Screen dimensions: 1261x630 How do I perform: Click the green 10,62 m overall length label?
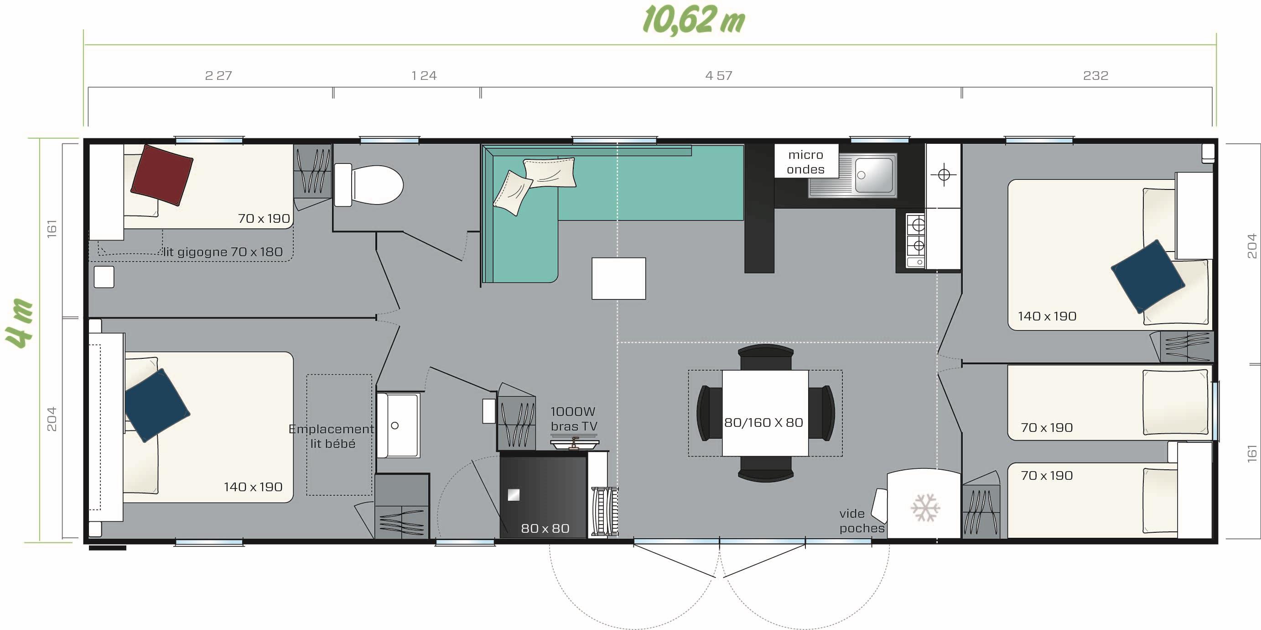pos(693,20)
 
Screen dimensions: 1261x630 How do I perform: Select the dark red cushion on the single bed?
pos(162,175)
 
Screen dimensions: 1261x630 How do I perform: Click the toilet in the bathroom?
pos(368,185)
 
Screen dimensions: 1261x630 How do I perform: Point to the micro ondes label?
pos(806,162)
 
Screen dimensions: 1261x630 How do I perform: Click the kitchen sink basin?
pos(874,175)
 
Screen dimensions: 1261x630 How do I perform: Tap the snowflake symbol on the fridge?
pos(925,508)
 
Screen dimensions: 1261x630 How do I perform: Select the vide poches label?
pos(862,521)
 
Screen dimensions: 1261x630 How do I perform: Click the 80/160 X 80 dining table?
pos(765,413)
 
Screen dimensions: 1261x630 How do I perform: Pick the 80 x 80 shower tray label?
pos(545,528)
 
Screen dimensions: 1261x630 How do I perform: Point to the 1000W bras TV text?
pos(574,419)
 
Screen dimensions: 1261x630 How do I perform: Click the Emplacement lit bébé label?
pos(332,436)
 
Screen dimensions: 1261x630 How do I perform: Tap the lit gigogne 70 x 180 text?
pos(223,252)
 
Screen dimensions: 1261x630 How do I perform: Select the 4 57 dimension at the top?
pos(719,75)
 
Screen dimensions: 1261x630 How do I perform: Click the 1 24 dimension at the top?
pos(424,75)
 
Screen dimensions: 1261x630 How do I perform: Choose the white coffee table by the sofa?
pos(619,278)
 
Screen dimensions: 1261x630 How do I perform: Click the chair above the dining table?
pos(766,357)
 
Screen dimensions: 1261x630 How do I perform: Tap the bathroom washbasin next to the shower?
pos(398,425)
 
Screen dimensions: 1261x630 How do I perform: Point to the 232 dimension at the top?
pos(1095,75)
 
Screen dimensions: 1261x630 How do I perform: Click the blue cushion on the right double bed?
pos(1147,276)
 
